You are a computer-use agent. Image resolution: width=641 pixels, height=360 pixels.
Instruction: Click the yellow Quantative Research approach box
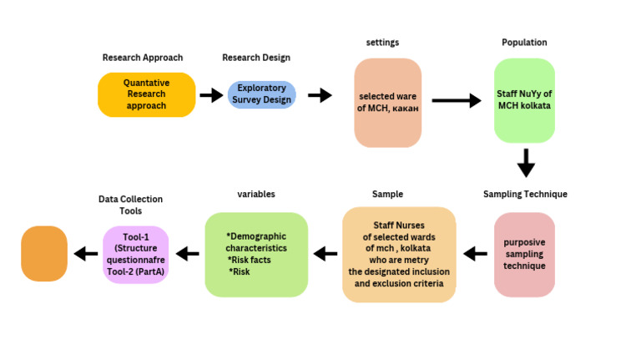146,94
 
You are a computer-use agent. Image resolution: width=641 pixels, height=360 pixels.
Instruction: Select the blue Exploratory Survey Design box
261,94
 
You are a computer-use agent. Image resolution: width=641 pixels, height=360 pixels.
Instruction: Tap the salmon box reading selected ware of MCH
387,102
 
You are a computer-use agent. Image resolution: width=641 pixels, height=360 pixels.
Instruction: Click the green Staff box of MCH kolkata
523,100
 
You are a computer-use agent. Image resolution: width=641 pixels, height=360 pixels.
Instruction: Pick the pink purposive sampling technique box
523,254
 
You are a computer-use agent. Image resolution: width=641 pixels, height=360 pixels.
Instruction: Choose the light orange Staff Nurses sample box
399,254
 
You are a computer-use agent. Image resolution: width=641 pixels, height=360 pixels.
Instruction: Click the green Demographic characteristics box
256,254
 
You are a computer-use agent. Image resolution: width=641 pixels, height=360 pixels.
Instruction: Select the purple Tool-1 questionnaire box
135,254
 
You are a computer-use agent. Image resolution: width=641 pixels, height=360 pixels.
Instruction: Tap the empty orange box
44,253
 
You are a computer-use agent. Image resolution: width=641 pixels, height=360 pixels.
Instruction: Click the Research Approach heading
143,58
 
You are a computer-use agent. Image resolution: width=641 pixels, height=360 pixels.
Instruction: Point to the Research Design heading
259,58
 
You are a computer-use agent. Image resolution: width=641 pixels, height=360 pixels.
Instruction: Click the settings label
382,43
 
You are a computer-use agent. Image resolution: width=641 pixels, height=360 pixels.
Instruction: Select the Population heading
523,43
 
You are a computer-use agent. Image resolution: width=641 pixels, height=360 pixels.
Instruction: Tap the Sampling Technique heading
525,194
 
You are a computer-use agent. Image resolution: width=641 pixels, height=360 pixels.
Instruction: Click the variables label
256,194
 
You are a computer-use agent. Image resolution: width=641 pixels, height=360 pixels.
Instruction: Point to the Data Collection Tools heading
130,205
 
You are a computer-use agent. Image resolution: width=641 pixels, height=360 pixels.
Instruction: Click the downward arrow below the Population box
525,162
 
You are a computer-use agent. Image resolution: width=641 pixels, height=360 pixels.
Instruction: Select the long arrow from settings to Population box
456,101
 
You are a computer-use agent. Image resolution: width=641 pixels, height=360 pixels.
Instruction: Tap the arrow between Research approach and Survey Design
210,95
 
